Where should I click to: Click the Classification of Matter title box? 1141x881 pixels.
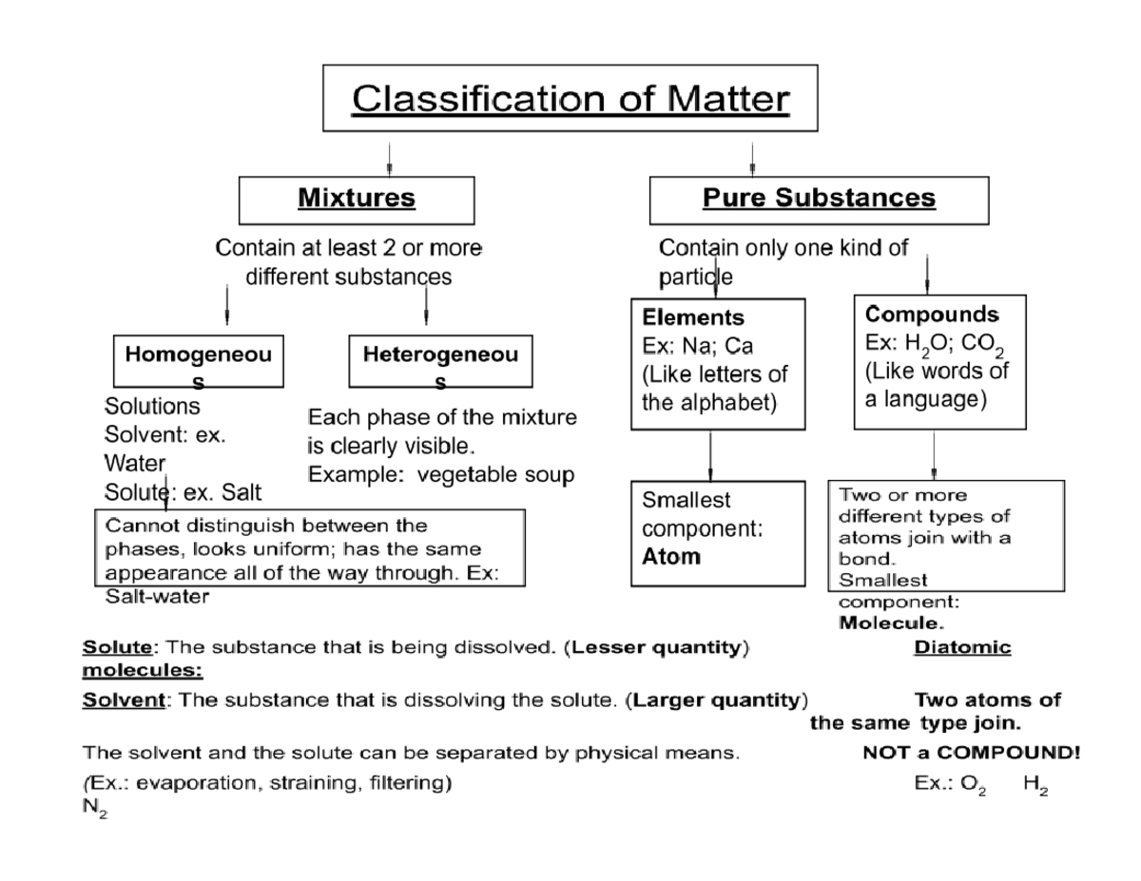click(570, 98)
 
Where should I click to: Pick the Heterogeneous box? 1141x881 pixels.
click(440, 362)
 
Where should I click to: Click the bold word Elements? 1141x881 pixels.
click(693, 317)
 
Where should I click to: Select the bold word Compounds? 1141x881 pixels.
click(932, 315)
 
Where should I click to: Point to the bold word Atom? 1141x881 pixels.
click(671, 557)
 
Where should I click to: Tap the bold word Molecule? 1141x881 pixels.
click(891, 624)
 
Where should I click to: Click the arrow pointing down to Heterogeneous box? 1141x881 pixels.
click(426, 306)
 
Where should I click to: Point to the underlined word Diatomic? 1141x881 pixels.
click(961, 648)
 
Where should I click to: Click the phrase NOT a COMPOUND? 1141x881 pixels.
click(971, 754)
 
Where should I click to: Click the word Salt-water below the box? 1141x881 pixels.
click(156, 597)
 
